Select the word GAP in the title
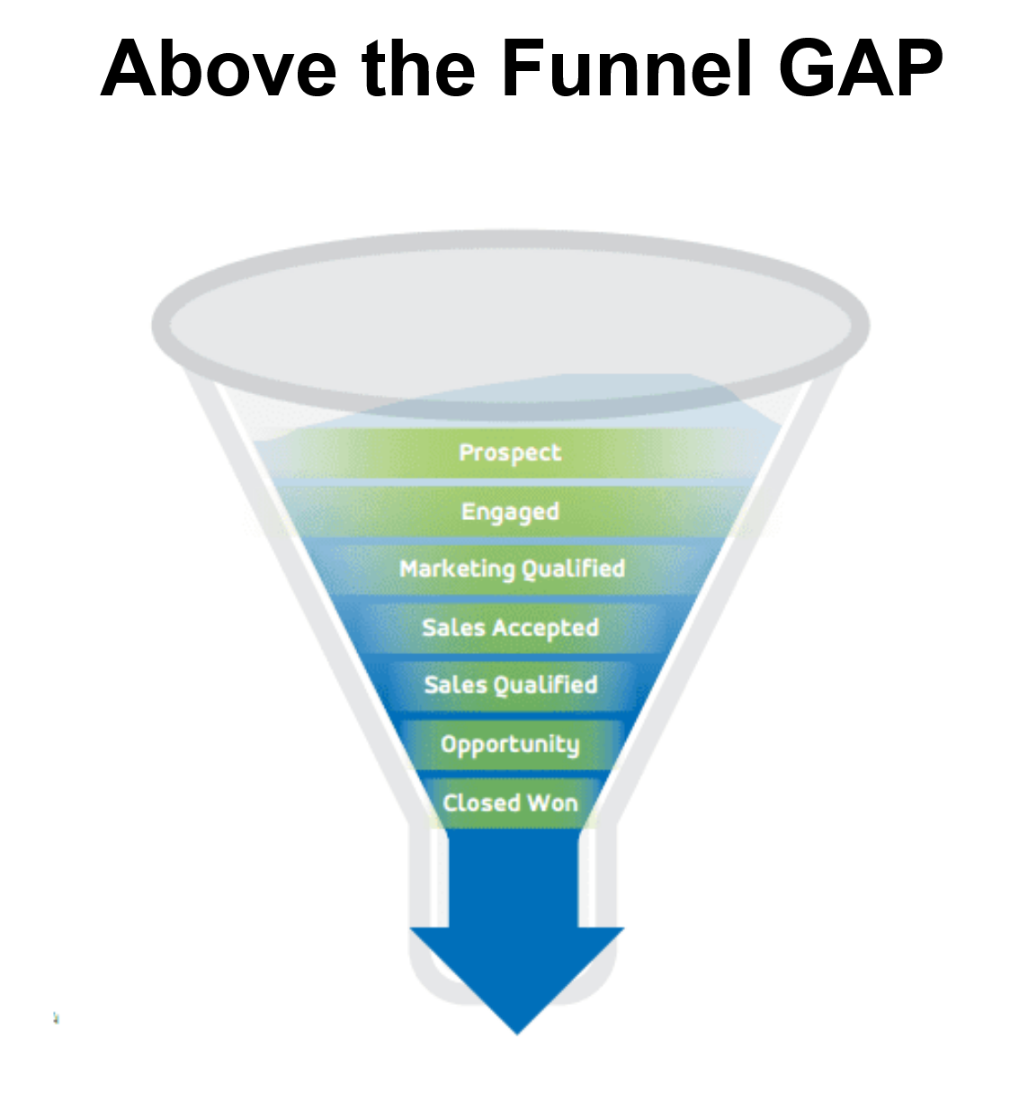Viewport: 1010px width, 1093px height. click(x=861, y=69)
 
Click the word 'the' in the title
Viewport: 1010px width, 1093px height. click(x=417, y=69)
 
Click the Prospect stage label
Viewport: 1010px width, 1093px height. click(x=510, y=452)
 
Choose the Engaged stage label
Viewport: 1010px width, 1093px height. click(x=510, y=512)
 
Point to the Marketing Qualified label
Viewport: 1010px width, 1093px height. click(x=512, y=569)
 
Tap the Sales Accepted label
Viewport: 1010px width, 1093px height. click(x=510, y=628)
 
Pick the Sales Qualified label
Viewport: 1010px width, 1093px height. click(x=510, y=685)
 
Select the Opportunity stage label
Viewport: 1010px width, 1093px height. click(x=510, y=745)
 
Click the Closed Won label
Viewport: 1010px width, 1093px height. click(x=510, y=802)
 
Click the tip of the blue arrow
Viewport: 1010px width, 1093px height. click(x=517, y=1032)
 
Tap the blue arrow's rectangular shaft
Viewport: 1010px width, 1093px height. click(x=514, y=877)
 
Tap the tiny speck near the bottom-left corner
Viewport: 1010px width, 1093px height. click(x=56, y=1018)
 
